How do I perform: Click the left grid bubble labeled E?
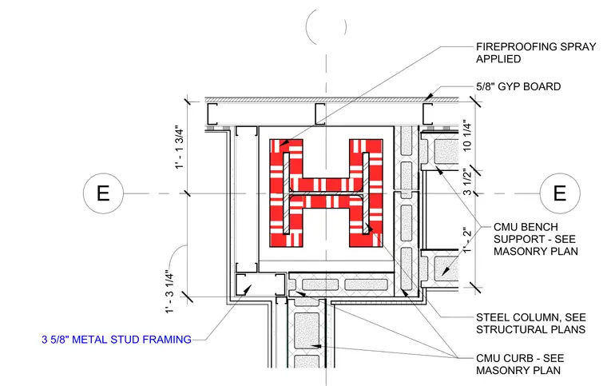point(103,193)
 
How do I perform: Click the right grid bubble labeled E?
point(560,193)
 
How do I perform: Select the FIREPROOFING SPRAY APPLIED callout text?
point(536,53)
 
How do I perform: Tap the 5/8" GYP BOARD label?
point(518,86)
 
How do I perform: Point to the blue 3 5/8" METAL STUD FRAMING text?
point(117,340)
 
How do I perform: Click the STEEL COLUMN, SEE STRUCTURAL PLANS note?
point(531,324)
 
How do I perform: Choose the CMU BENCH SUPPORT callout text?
point(536,239)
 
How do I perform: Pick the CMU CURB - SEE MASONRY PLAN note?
point(520,364)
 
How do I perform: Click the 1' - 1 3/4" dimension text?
point(180,147)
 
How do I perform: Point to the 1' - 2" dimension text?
point(467,240)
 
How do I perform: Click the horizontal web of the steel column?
point(327,193)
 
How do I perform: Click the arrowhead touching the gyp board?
point(428,96)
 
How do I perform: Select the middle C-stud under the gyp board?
point(319,113)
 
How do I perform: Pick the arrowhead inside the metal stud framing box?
point(246,289)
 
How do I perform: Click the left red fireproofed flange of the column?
point(287,193)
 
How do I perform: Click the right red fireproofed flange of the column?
point(367,193)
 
